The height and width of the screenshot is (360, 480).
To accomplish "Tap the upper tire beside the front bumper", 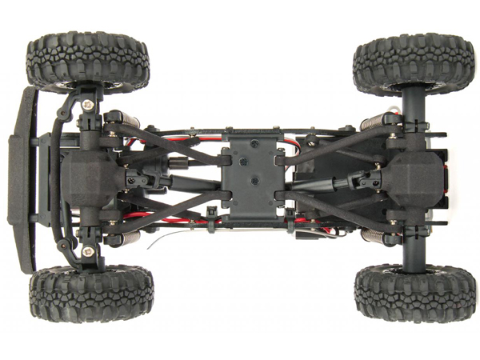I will click(x=87, y=61).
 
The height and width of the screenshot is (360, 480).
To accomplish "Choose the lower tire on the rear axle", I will click(x=415, y=292).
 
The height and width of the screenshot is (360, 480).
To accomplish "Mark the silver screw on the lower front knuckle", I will click(x=87, y=251).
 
